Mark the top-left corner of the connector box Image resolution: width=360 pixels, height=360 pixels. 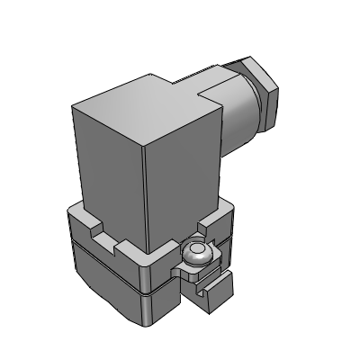pyautogui.click(x=72, y=106)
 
